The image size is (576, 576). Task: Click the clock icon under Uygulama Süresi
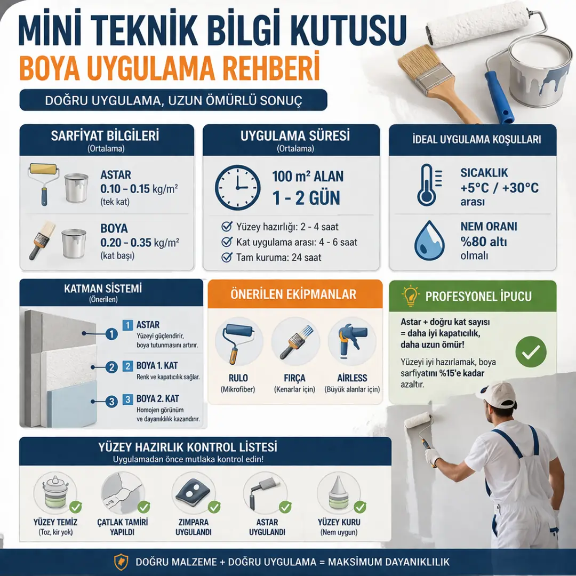point(238,187)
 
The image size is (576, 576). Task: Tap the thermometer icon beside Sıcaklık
point(427,185)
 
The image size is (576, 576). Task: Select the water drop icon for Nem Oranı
point(429,241)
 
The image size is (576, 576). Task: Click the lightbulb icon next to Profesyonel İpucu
point(411,295)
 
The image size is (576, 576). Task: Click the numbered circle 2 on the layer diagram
point(112,367)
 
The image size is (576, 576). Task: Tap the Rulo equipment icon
point(238,342)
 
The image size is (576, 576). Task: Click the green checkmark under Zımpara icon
point(214,507)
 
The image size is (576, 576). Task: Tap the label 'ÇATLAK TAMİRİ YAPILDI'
point(123,527)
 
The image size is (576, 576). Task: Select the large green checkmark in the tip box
point(531,351)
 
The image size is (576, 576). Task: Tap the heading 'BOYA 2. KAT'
point(158,399)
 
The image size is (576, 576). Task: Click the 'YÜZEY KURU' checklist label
point(339,522)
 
